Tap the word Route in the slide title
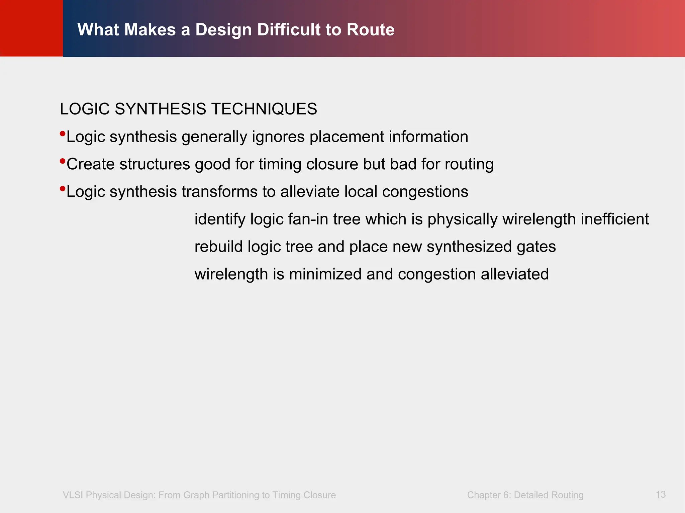pos(370,30)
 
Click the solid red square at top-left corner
pos(31,28)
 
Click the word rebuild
pos(218,246)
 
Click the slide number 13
pos(660,494)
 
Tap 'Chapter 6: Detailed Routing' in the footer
pos(525,495)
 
